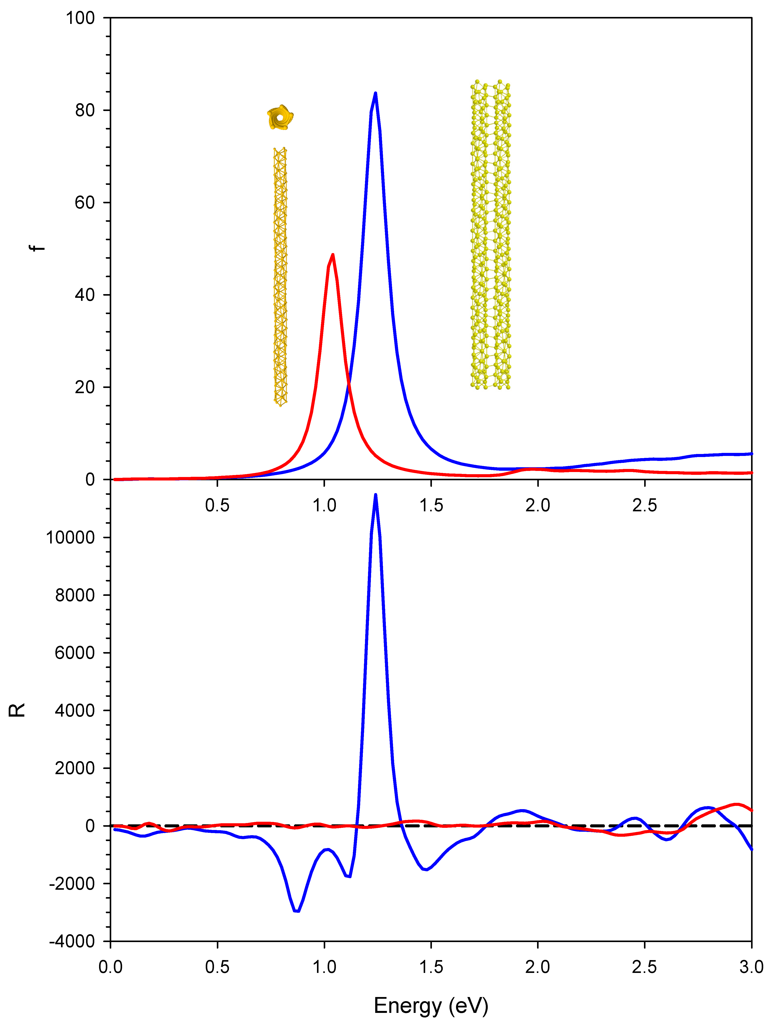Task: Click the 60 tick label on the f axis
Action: click(x=85, y=203)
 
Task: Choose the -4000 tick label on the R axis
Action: click(x=72, y=941)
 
